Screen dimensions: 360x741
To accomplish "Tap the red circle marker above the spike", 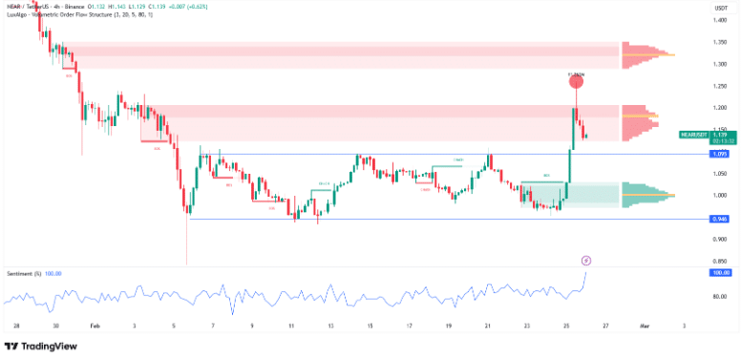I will point(576,82).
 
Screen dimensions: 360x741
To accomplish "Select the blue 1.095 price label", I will point(720,154).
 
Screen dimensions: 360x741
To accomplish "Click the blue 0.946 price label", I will point(720,219).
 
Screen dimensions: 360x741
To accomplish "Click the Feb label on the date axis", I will point(95,326).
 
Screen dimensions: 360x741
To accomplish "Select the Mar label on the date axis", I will point(645,326).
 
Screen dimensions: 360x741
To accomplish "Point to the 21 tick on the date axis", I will point(487,326).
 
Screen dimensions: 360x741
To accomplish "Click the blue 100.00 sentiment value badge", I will point(720,273).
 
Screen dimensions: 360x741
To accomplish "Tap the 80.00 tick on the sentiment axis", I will point(719,296).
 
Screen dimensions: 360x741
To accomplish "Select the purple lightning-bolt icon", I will point(585,259).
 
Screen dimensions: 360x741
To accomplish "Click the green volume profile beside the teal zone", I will point(645,195).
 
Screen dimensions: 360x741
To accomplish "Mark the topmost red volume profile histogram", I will point(645,54).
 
